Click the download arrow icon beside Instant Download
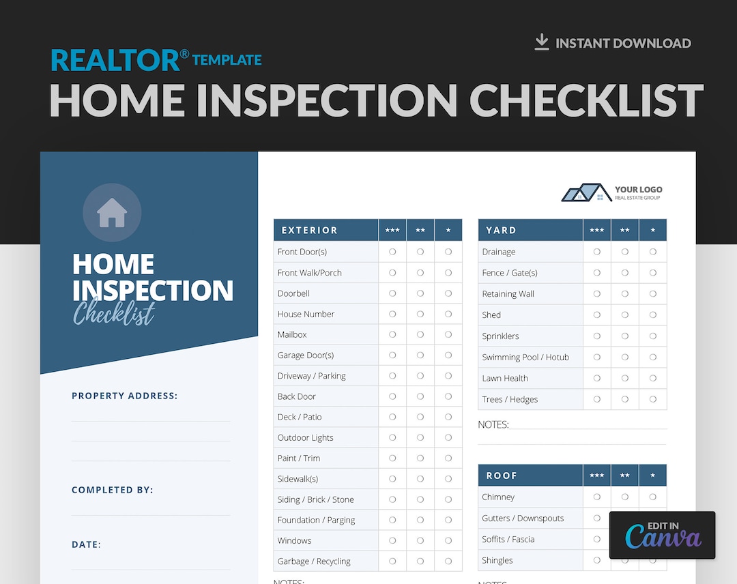pyautogui.click(x=542, y=42)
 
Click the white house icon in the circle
pyautogui.click(x=112, y=213)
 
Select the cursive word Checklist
pyautogui.click(x=114, y=313)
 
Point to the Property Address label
pyautogui.click(x=124, y=396)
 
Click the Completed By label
pyautogui.click(x=112, y=490)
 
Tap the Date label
pyautogui.click(x=86, y=544)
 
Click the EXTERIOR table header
pyautogui.click(x=309, y=231)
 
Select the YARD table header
pyautogui.click(x=501, y=231)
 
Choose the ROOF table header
pyautogui.click(x=502, y=476)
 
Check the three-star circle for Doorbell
pyautogui.click(x=392, y=293)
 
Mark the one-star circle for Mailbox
pyautogui.click(x=448, y=334)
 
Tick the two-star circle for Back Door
pyautogui.click(x=420, y=396)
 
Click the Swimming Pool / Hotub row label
pyautogui.click(x=525, y=357)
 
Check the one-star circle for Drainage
pyautogui.click(x=653, y=252)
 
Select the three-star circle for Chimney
pyautogui.click(x=597, y=497)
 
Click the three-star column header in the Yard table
pyautogui.click(x=597, y=231)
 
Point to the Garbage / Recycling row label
pyautogui.click(x=314, y=561)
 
